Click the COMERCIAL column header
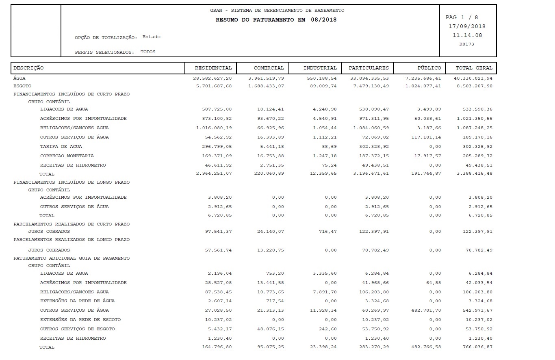[x=269, y=68]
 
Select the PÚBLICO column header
[x=429, y=68]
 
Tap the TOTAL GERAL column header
[x=474, y=68]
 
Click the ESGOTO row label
[x=22, y=86]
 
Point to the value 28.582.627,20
[x=213, y=78]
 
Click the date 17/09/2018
[x=467, y=26]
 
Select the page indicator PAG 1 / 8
[x=462, y=17]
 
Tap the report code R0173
[x=466, y=44]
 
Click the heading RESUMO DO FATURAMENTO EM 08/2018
[x=276, y=20]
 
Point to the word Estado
[x=151, y=37]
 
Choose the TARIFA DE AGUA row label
[x=61, y=146]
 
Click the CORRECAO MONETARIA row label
[x=67, y=156]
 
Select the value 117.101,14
[x=426, y=137]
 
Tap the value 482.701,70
[x=426, y=310]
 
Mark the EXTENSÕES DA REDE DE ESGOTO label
[x=80, y=319]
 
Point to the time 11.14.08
[x=467, y=35]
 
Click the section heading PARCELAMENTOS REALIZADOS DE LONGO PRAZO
[x=72, y=240]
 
